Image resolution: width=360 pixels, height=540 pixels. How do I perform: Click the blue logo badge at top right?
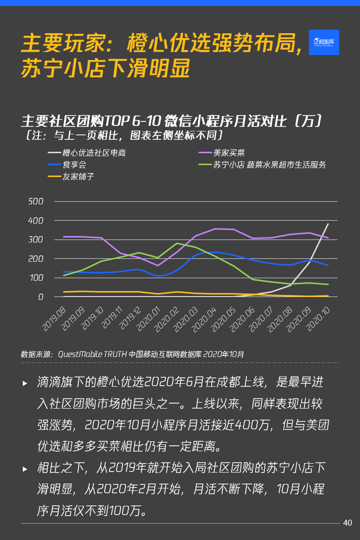pyautogui.click(x=324, y=42)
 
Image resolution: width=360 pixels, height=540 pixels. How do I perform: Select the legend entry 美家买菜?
pyautogui.click(x=229, y=153)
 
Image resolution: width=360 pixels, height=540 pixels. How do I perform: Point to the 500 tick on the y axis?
pyautogui.click(x=36, y=201)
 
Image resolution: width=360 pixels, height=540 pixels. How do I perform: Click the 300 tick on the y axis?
pyautogui.click(x=36, y=240)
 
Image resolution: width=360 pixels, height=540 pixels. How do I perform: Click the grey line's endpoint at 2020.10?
pyautogui.click(x=328, y=224)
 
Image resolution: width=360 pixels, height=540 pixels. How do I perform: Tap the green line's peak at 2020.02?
pyautogui.click(x=177, y=243)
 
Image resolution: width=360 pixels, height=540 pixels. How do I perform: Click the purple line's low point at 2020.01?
pyautogui.click(x=158, y=266)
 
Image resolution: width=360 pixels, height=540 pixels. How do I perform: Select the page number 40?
pyautogui.click(x=347, y=522)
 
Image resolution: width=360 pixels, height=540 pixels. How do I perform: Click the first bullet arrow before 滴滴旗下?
pyautogui.click(x=25, y=383)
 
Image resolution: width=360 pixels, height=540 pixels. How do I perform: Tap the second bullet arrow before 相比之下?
pyautogui.click(x=25, y=469)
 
